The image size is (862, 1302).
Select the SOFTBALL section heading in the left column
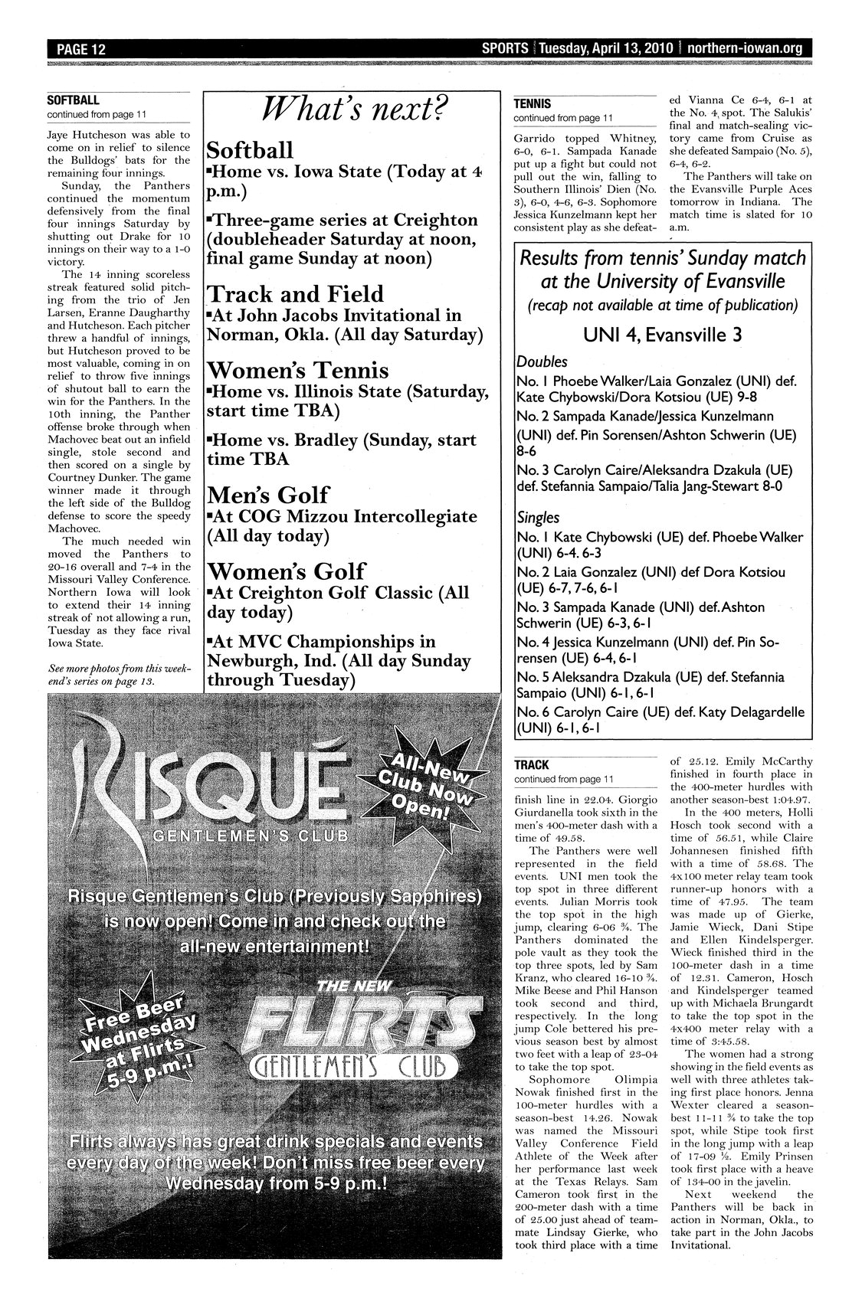click(x=74, y=100)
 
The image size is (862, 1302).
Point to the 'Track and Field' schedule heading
click(x=296, y=294)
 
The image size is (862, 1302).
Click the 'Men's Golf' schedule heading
click(x=269, y=494)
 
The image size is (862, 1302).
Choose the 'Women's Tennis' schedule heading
click(x=298, y=371)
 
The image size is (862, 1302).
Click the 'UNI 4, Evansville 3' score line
click(x=662, y=335)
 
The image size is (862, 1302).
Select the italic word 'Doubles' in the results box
click(x=542, y=361)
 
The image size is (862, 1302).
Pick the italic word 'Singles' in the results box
click(x=538, y=518)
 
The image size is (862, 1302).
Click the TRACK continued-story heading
click(x=532, y=764)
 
